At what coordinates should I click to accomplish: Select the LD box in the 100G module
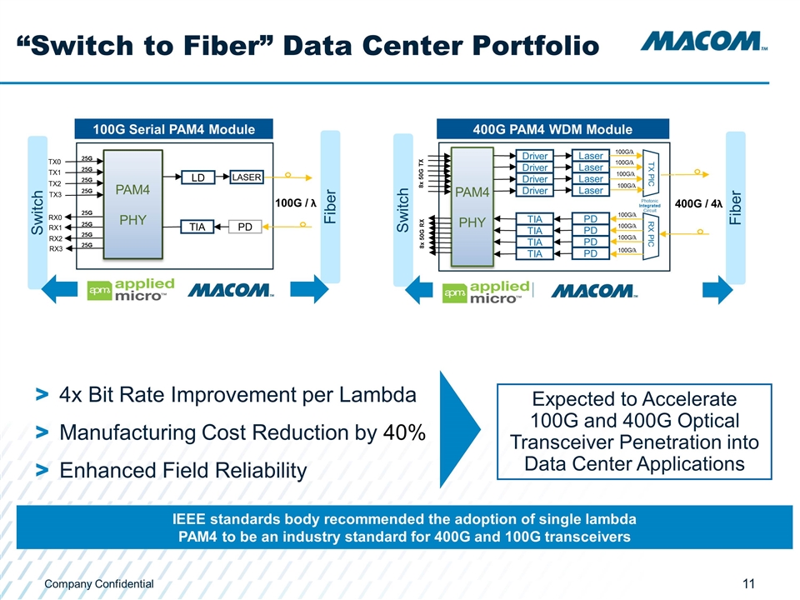click(197, 177)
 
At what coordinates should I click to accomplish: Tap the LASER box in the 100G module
click(246, 177)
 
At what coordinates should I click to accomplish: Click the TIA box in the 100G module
click(197, 226)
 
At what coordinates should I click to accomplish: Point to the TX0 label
click(55, 161)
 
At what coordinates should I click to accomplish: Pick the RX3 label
click(55, 247)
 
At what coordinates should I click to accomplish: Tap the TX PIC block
click(652, 173)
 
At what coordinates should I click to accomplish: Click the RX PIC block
click(652, 234)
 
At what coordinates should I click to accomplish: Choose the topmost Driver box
click(535, 156)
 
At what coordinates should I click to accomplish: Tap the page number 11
click(749, 584)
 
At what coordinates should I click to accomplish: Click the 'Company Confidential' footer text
click(99, 584)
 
